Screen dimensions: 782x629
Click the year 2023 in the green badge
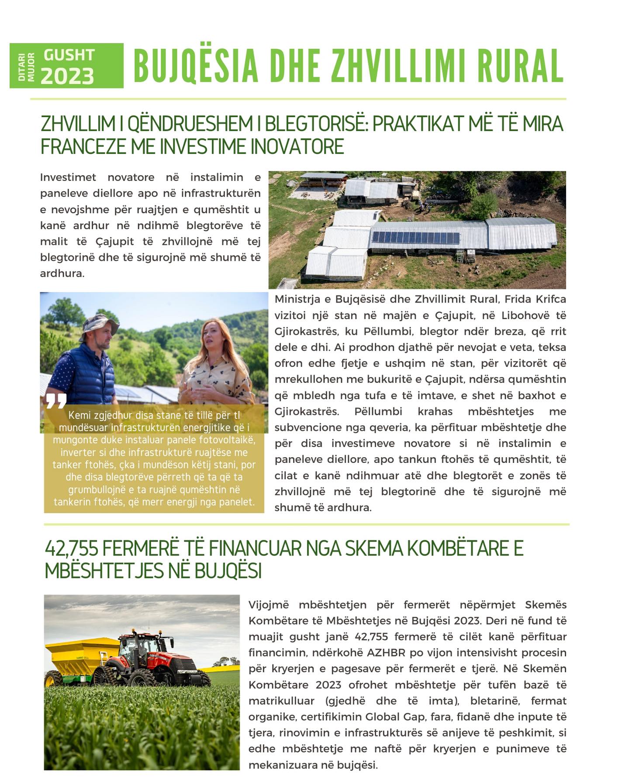[67, 76]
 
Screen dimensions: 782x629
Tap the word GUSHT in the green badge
[69, 55]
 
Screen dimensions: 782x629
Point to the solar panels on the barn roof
[415, 237]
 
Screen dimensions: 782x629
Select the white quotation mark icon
[56, 400]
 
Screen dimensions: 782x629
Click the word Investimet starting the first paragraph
[68, 177]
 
